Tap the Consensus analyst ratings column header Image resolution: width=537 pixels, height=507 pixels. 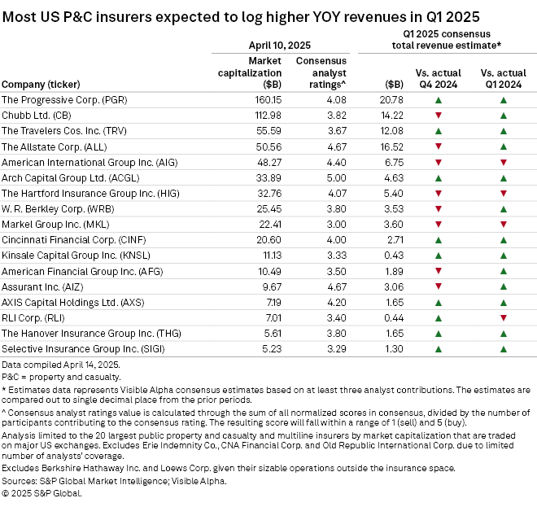(321, 72)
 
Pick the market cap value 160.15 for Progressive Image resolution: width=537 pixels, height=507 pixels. (264, 100)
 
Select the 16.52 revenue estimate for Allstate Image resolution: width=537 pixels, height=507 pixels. (393, 147)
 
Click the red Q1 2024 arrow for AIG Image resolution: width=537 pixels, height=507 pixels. (504, 163)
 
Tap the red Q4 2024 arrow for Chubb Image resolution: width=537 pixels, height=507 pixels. (439, 116)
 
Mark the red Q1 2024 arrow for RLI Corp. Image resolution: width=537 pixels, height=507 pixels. (504, 317)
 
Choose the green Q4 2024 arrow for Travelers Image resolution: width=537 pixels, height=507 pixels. (439, 132)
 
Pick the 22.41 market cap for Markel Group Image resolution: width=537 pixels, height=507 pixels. (265, 225)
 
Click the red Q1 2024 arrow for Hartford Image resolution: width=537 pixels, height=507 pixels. (504, 194)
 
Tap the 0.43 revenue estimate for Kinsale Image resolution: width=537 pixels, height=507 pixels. (395, 256)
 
